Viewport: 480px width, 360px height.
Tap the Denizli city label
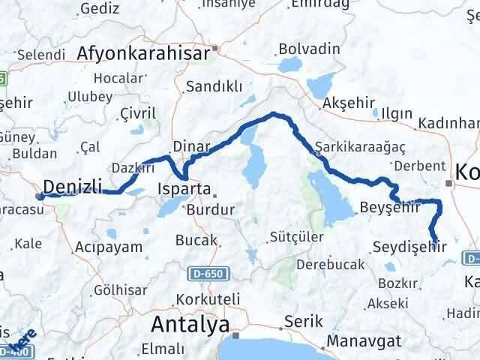pos(72,186)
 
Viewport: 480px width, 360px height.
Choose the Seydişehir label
pos(409,245)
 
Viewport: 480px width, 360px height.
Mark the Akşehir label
pos(346,102)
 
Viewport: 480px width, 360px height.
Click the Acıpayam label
pos(103,246)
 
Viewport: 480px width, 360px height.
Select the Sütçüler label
pos(297,238)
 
